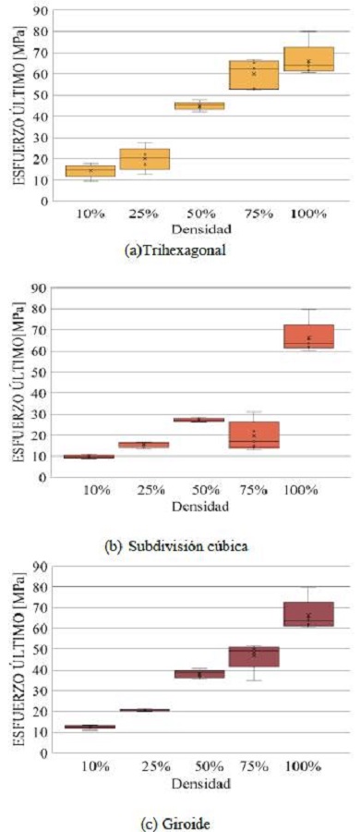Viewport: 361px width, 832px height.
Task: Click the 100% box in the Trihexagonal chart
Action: pos(308,59)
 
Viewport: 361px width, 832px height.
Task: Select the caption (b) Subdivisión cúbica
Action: pos(181,545)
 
